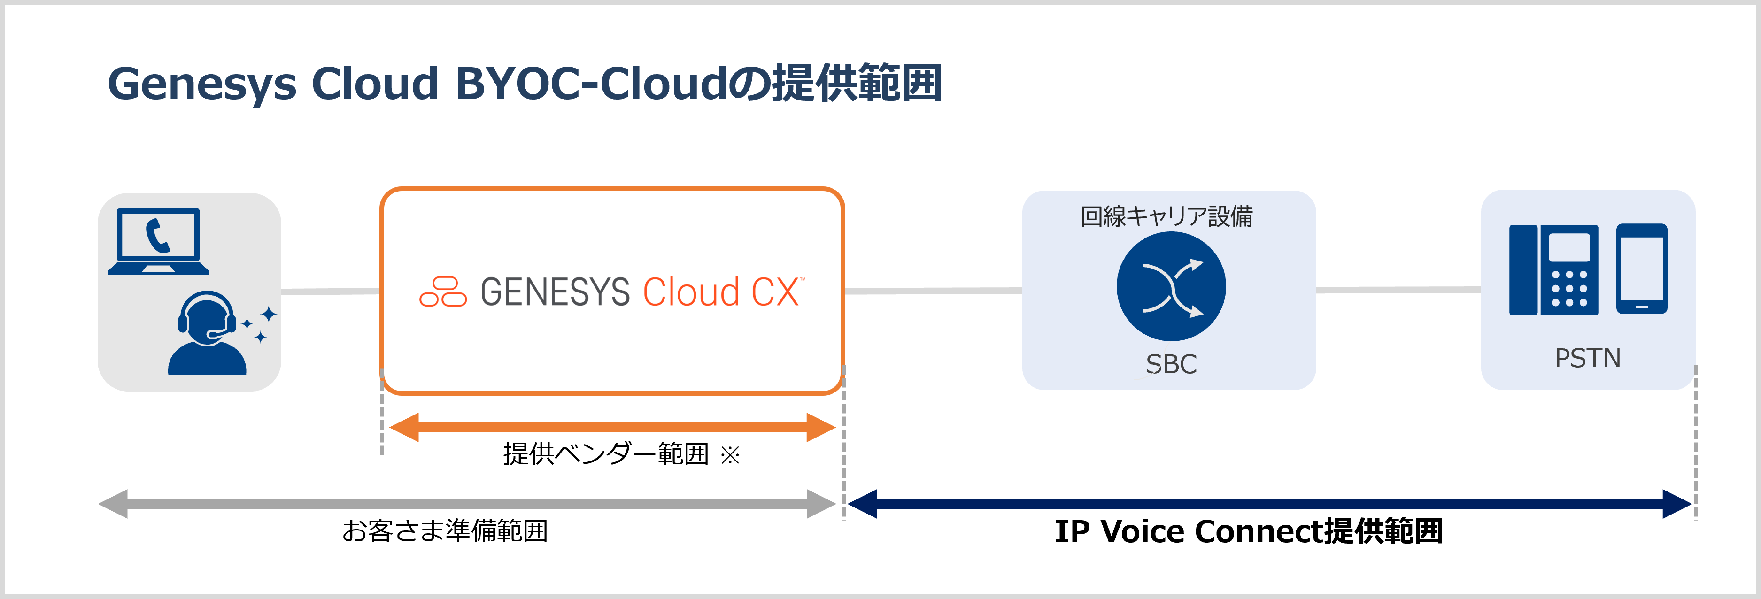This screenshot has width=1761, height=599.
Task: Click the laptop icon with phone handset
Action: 159,242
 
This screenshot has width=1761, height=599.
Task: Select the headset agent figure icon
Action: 207,334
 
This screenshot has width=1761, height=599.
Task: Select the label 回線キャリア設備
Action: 1166,216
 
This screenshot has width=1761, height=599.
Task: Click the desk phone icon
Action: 1553,270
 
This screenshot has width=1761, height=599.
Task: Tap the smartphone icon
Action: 1641,269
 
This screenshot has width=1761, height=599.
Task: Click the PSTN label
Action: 1587,358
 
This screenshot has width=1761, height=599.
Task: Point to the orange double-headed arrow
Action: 612,428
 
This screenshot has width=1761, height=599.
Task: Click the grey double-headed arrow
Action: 467,504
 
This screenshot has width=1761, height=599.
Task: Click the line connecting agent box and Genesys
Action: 330,291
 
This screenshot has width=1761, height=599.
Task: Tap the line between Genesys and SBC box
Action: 933,291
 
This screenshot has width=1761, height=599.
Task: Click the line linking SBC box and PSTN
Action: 1398,290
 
